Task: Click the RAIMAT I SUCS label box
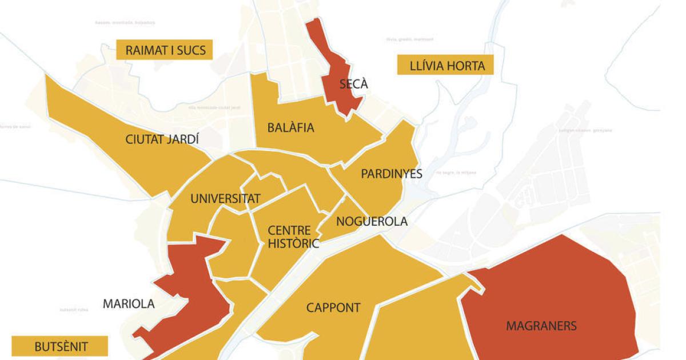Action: click(164, 50)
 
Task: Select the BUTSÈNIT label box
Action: click(59, 346)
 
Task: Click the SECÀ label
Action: click(354, 85)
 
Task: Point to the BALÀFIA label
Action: click(291, 127)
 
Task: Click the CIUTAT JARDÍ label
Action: click(162, 139)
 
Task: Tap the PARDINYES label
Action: click(392, 174)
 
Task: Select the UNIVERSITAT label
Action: click(225, 199)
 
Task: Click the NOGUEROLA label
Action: click(372, 222)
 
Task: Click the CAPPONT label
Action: click(333, 308)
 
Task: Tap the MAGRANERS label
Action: click(541, 326)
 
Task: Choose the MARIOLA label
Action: click(129, 304)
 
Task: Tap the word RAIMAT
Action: click(147, 50)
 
